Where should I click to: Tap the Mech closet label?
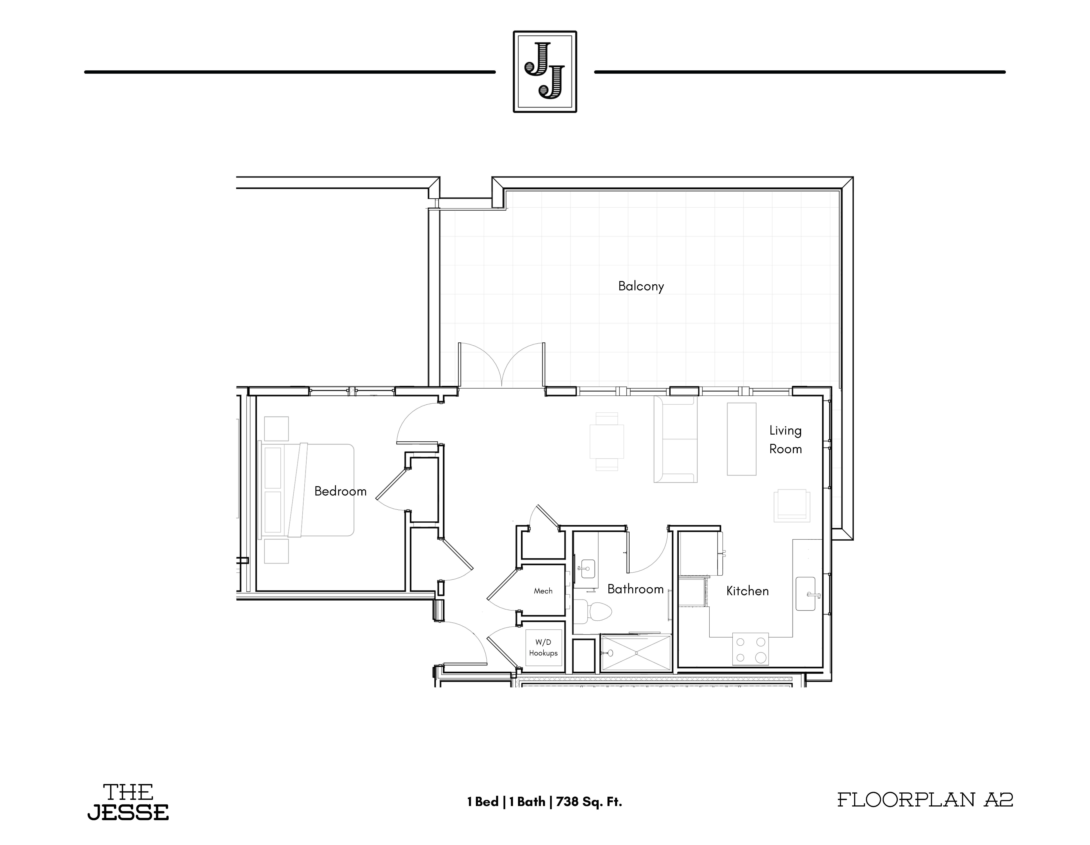pos(543,591)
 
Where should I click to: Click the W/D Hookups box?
pos(544,647)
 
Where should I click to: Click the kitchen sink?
pos(805,594)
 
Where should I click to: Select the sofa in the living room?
pos(675,439)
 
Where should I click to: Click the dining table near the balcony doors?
pos(606,441)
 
